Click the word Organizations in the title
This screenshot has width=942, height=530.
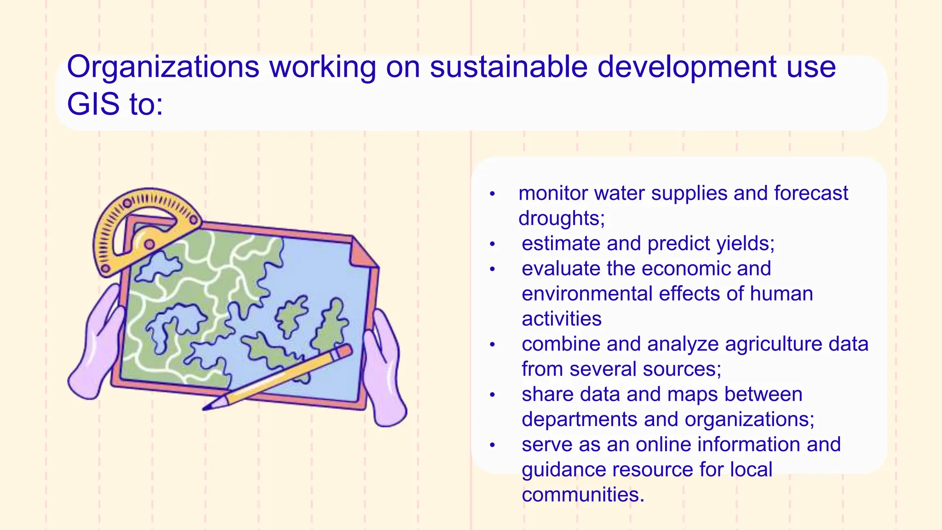click(163, 68)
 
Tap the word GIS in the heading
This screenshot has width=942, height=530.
click(93, 104)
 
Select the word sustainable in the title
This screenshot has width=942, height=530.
click(508, 67)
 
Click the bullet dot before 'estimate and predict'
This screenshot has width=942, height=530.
click(492, 244)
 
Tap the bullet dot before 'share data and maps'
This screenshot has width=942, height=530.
click(492, 395)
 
